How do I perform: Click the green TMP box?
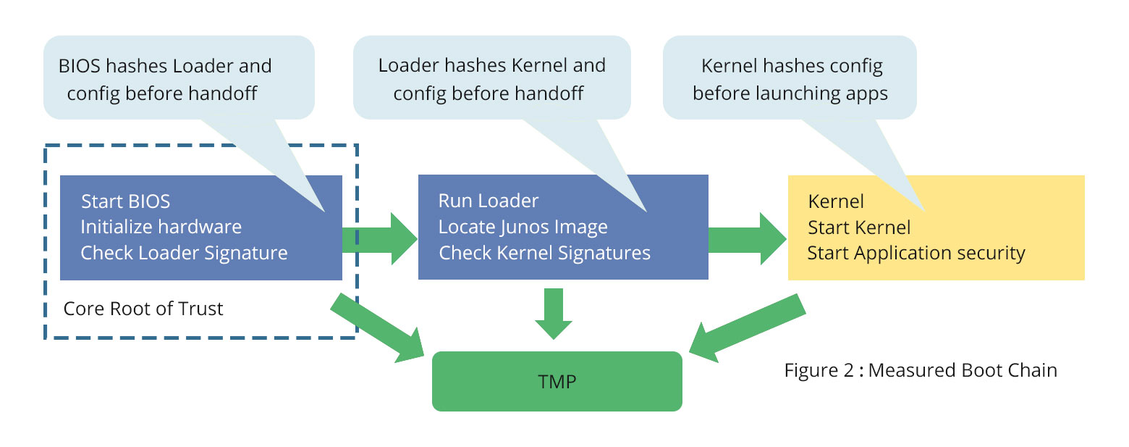click(557, 381)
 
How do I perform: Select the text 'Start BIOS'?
click(125, 201)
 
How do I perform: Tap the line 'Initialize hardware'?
click(161, 227)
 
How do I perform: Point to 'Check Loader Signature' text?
click(184, 253)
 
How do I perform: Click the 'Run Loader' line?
click(489, 201)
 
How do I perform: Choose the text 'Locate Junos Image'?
click(523, 227)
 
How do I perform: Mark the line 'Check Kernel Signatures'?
click(544, 253)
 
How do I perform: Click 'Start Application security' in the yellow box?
click(916, 253)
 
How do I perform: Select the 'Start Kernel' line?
click(859, 227)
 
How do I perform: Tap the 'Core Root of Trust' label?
click(143, 309)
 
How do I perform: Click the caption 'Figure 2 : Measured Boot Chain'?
click(921, 370)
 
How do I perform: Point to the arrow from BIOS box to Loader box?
click(380, 239)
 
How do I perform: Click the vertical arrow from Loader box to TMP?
click(554, 312)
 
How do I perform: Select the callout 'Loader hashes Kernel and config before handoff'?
click(491, 79)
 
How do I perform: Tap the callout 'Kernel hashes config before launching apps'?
click(790, 79)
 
